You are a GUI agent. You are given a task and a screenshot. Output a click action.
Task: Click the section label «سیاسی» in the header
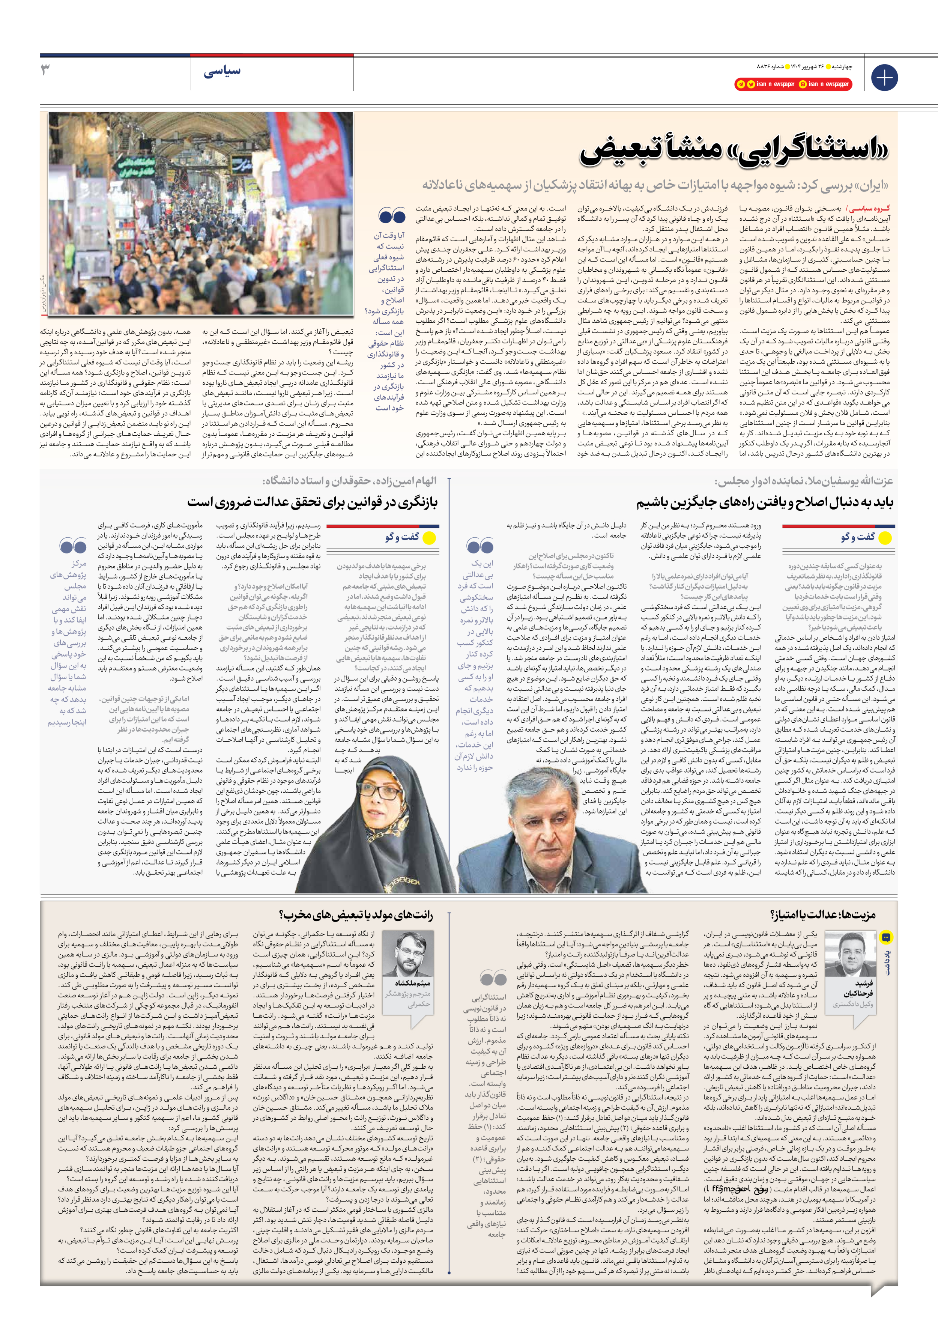222,72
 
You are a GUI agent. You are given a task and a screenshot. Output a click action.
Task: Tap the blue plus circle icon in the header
884,78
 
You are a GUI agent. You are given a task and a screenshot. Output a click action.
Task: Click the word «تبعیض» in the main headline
633,150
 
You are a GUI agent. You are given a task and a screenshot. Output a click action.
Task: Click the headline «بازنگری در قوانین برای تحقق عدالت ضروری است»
312,502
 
